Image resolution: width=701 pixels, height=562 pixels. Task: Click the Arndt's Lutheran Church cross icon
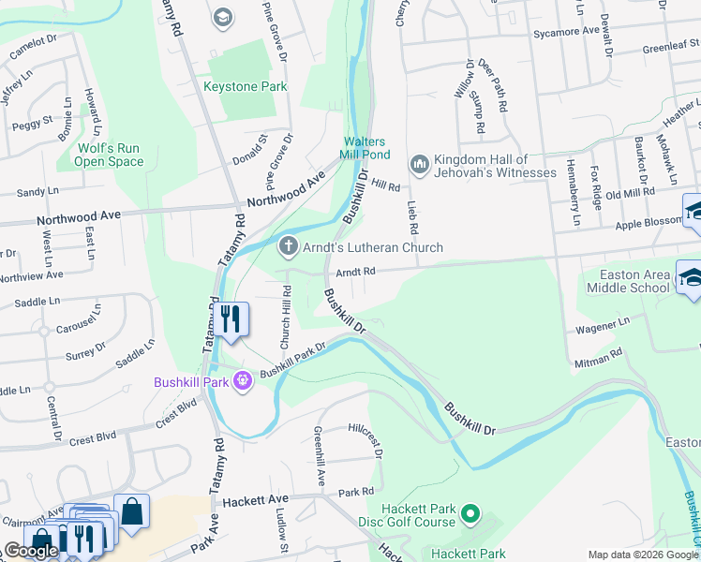(x=289, y=247)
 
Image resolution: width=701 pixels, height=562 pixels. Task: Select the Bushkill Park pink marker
(x=243, y=380)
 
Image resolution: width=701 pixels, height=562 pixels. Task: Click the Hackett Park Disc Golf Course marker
(x=471, y=514)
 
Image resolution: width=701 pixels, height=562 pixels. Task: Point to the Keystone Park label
(x=246, y=87)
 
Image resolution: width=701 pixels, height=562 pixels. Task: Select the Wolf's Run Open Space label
(x=111, y=155)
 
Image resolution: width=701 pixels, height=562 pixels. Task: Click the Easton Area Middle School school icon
(x=691, y=276)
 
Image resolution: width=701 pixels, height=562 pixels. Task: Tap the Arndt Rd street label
(x=356, y=272)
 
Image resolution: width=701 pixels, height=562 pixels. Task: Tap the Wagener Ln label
(x=604, y=324)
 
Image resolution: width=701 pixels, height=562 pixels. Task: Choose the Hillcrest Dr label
(x=366, y=437)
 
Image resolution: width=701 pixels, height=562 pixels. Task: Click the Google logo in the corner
(x=31, y=551)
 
